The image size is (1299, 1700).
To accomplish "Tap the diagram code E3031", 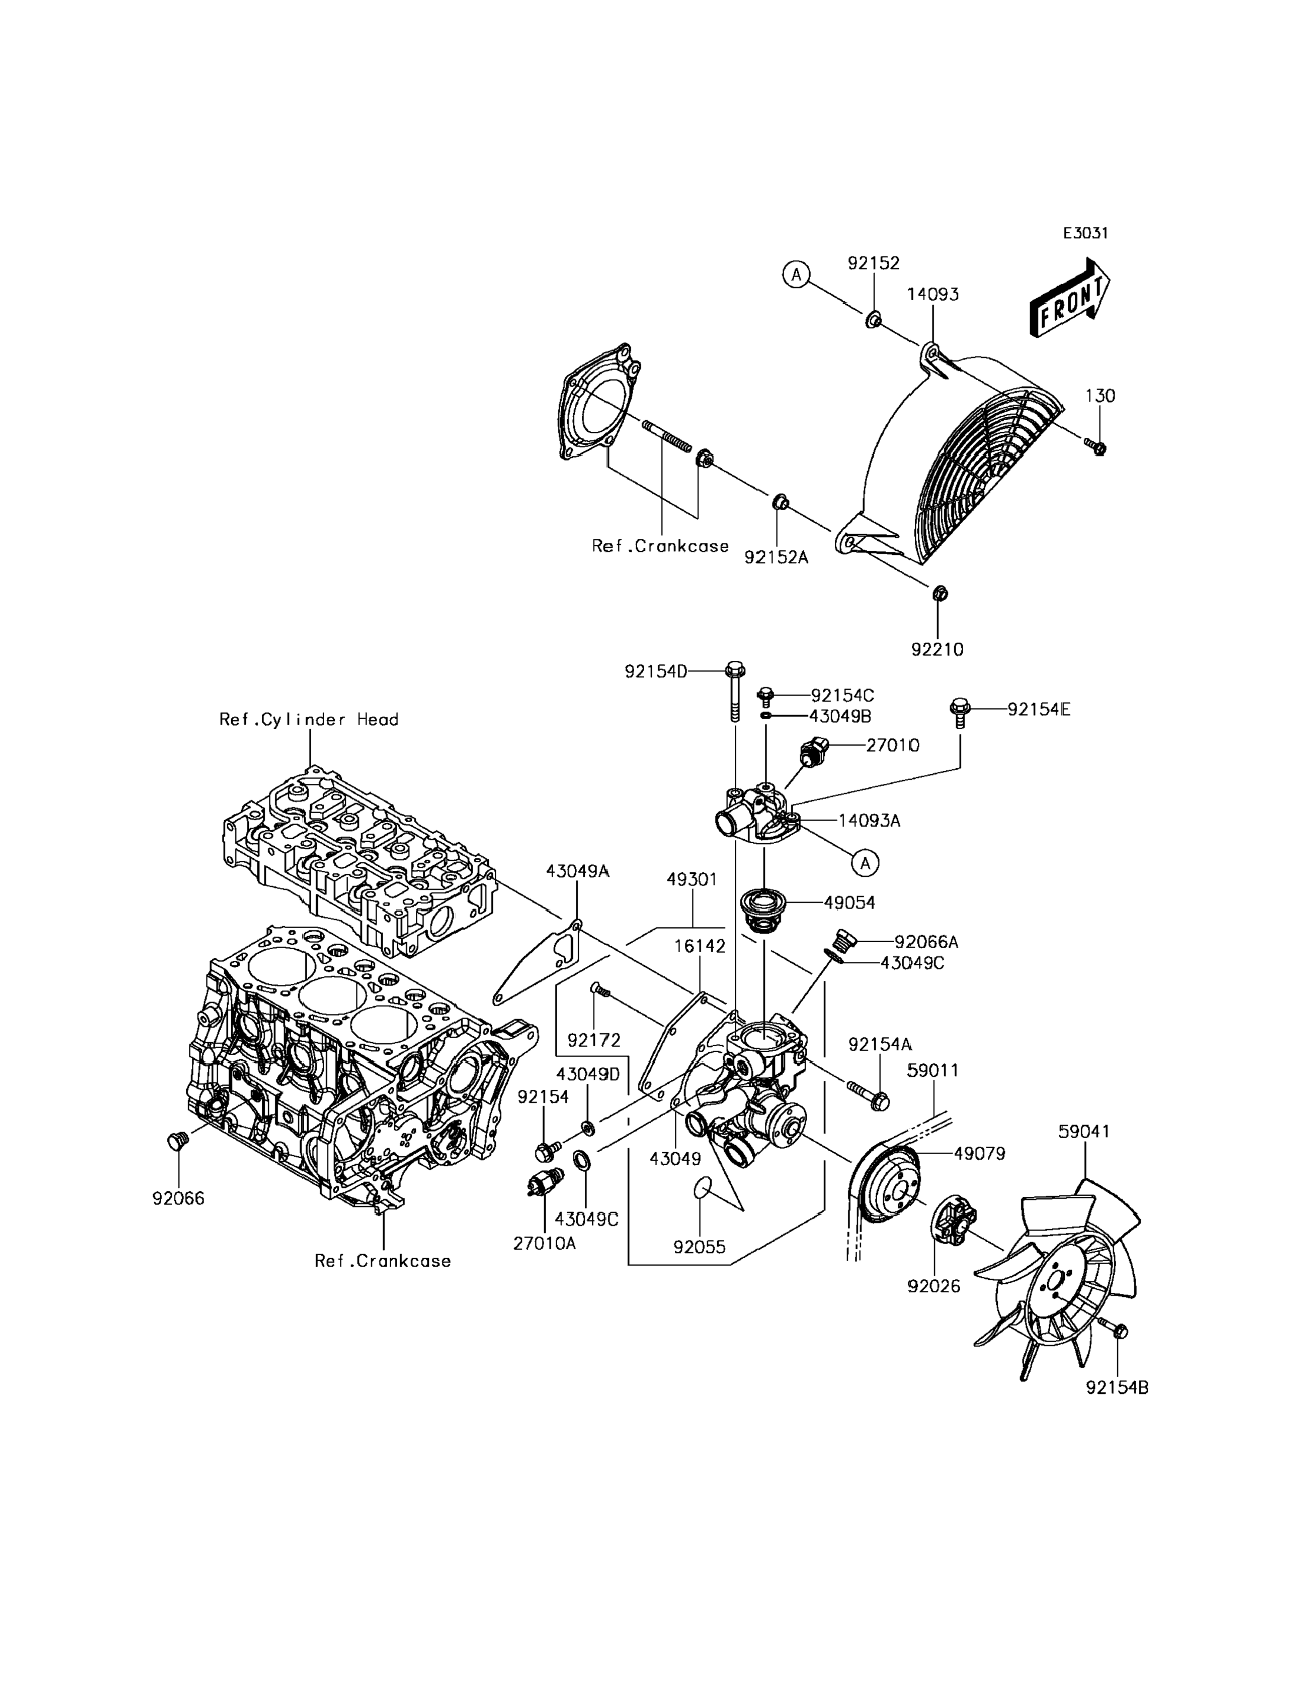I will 1085,233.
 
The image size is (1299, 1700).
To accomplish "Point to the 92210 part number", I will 937,649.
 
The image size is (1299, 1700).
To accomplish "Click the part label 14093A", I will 870,821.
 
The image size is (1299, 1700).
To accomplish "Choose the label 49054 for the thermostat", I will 849,902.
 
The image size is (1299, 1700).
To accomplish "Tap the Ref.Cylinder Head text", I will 308,719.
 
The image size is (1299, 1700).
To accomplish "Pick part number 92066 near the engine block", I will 179,1198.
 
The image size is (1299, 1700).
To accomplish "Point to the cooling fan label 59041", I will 1084,1131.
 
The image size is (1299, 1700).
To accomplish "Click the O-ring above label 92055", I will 701,1188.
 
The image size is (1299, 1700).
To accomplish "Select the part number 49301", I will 692,879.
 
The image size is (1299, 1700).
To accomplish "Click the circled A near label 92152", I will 795,274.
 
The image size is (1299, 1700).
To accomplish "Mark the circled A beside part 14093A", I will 865,863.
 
